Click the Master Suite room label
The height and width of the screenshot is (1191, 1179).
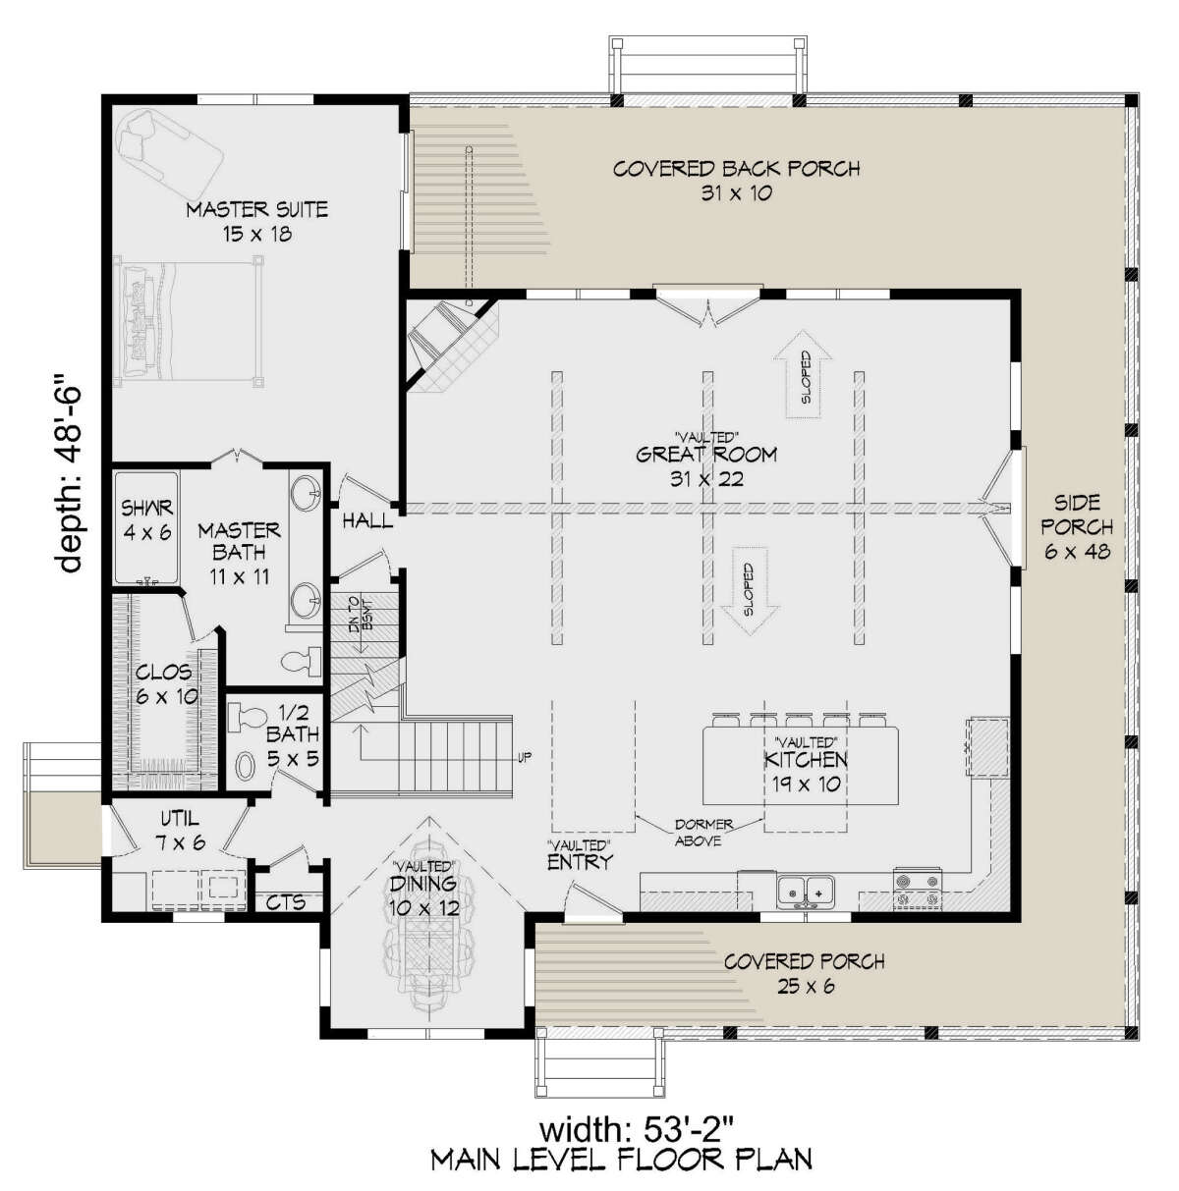[256, 209]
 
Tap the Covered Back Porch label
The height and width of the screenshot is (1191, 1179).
[736, 169]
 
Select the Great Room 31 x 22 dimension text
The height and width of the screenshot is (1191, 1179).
[706, 479]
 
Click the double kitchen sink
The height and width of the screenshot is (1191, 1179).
[806, 893]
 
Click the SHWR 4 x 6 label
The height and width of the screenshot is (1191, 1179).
[146, 519]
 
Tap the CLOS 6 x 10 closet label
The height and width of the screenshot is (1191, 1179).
[165, 683]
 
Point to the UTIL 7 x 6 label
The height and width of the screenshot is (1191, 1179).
[180, 830]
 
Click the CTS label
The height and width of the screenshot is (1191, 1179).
[286, 902]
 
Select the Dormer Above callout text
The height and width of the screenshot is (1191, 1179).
[703, 832]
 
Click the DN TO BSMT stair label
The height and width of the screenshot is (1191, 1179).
[362, 615]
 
